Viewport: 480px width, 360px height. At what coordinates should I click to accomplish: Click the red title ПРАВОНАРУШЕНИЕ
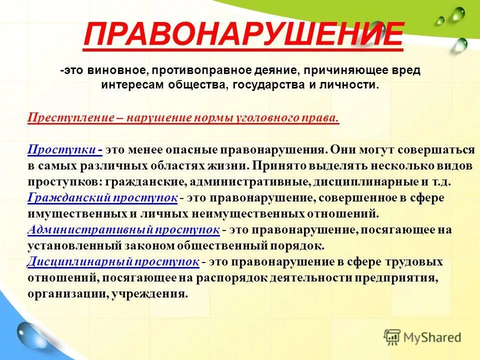[x=243, y=34]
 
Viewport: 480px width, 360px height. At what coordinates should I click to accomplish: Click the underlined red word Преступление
[x=71, y=118]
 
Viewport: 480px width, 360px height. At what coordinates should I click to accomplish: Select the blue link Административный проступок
[x=123, y=230]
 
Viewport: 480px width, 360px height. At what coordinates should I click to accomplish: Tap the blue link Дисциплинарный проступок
[x=113, y=262]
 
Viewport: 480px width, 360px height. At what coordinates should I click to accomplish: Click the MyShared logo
[x=422, y=336]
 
